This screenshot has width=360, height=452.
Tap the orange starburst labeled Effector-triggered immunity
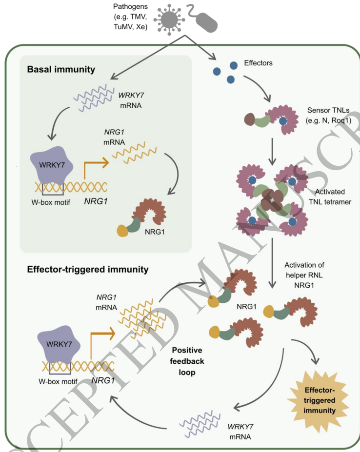[320, 401]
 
